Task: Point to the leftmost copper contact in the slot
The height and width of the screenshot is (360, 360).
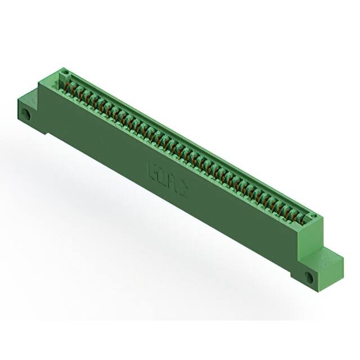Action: [x=71, y=84]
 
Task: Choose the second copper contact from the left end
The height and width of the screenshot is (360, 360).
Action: [x=78, y=88]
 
